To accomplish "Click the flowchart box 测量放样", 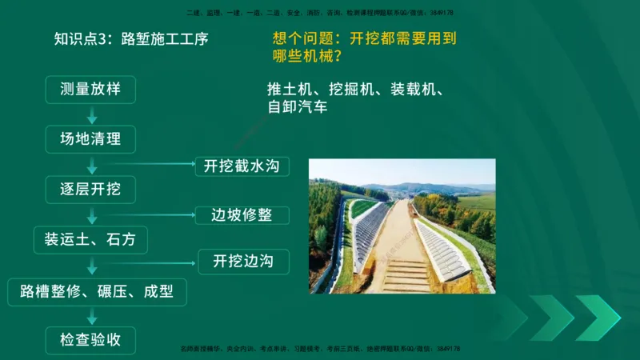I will point(90,89).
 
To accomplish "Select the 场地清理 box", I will point(90,139).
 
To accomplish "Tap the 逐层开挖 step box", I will point(90,190).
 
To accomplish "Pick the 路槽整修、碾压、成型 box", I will point(96,290).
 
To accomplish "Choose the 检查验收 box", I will point(90,340).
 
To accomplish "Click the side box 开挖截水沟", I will point(241,166).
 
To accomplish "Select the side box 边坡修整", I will point(241,215).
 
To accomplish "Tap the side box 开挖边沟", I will point(243,261).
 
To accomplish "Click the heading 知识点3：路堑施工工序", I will point(130,38).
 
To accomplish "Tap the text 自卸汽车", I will point(298,107).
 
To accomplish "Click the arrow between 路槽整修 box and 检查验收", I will point(93,315).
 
